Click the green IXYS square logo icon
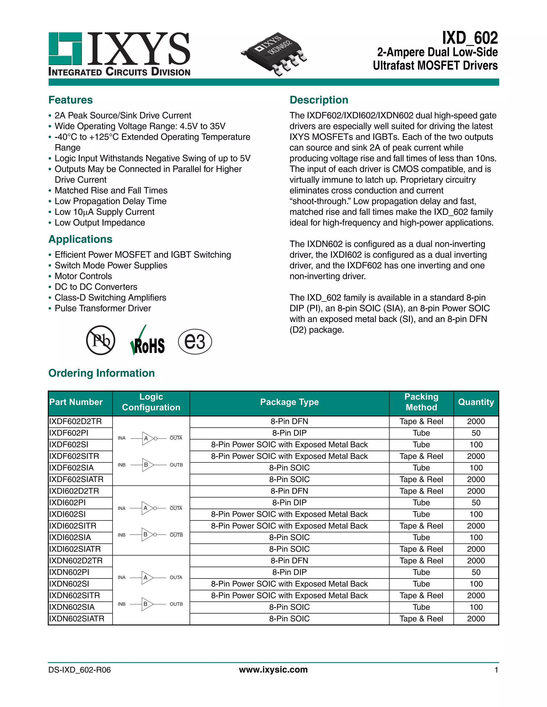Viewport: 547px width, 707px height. (x=65, y=49)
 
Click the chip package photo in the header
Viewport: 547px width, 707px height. (x=274, y=53)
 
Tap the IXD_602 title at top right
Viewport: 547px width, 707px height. (x=470, y=38)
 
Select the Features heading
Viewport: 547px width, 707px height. (x=70, y=100)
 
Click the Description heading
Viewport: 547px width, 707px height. (x=319, y=100)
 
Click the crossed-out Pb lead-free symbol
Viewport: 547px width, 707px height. (x=100, y=340)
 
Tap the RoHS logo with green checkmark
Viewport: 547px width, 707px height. (x=147, y=341)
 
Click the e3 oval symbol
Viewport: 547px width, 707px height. (x=195, y=341)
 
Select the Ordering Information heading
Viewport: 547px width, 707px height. (x=101, y=373)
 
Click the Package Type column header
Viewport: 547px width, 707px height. (x=289, y=402)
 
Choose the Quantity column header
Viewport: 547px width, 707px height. (x=476, y=402)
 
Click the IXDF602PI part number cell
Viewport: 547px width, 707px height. (x=69, y=433)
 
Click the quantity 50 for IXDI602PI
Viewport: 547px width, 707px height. (x=476, y=502)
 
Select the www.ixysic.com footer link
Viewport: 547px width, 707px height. (x=273, y=669)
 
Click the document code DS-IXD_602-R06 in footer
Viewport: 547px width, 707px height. (x=79, y=670)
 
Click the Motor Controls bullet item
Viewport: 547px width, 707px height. (x=83, y=276)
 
